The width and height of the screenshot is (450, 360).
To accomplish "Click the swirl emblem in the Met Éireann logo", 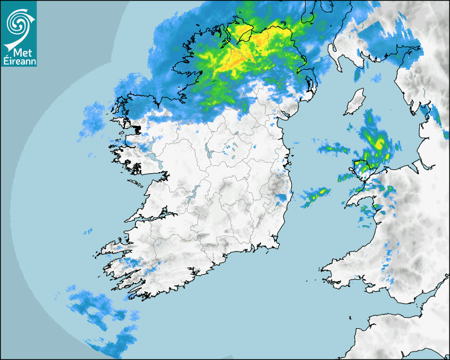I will coord(19,22).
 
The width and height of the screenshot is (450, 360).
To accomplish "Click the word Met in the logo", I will coord(20,53).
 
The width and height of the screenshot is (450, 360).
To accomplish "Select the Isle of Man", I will coord(355,102).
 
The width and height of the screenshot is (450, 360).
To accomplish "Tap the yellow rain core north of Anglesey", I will coord(379,143).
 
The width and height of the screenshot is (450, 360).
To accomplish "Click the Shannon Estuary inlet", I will coord(154,217).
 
